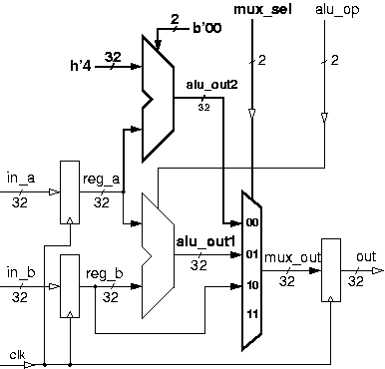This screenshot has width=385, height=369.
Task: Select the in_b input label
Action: click(x=19, y=271)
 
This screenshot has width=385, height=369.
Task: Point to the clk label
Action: click(x=17, y=353)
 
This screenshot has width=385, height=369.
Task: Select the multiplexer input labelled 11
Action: click(x=251, y=316)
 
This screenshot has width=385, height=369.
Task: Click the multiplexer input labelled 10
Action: click(x=251, y=285)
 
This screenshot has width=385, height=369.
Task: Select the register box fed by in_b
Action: click(x=69, y=285)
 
